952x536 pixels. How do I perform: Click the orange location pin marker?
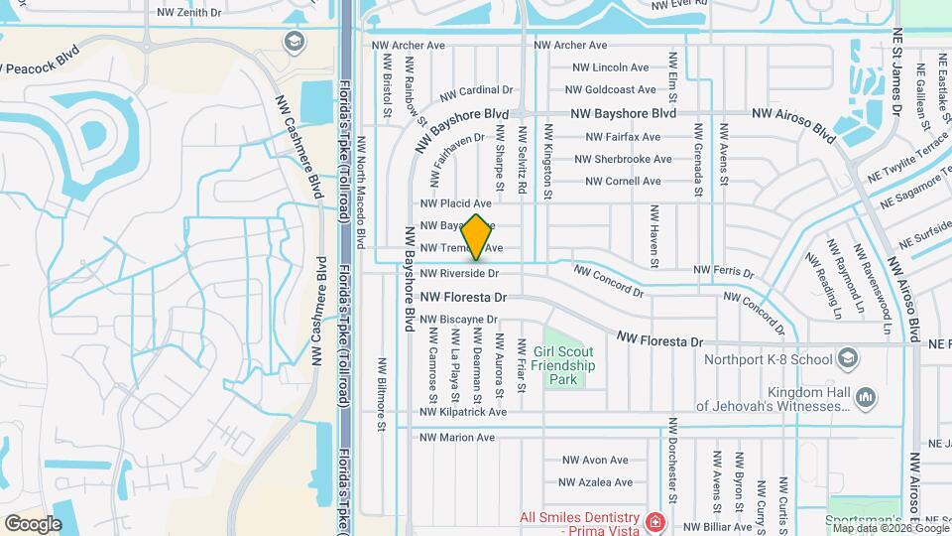(477, 236)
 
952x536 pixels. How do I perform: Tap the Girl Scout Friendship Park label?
(562, 365)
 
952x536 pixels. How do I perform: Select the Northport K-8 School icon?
(848, 356)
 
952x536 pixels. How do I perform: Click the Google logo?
(33, 523)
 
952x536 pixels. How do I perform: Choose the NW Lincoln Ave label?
(611, 67)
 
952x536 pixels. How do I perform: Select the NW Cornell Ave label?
(623, 181)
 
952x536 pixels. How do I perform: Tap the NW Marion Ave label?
(457, 437)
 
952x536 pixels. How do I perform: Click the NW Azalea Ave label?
(595, 482)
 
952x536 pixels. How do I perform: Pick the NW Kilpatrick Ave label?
(463, 412)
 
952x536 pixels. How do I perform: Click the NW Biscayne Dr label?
(458, 320)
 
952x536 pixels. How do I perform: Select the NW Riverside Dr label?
(458, 273)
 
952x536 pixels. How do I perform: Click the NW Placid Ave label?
(457, 202)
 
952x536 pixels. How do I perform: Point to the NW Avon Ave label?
(595, 461)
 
